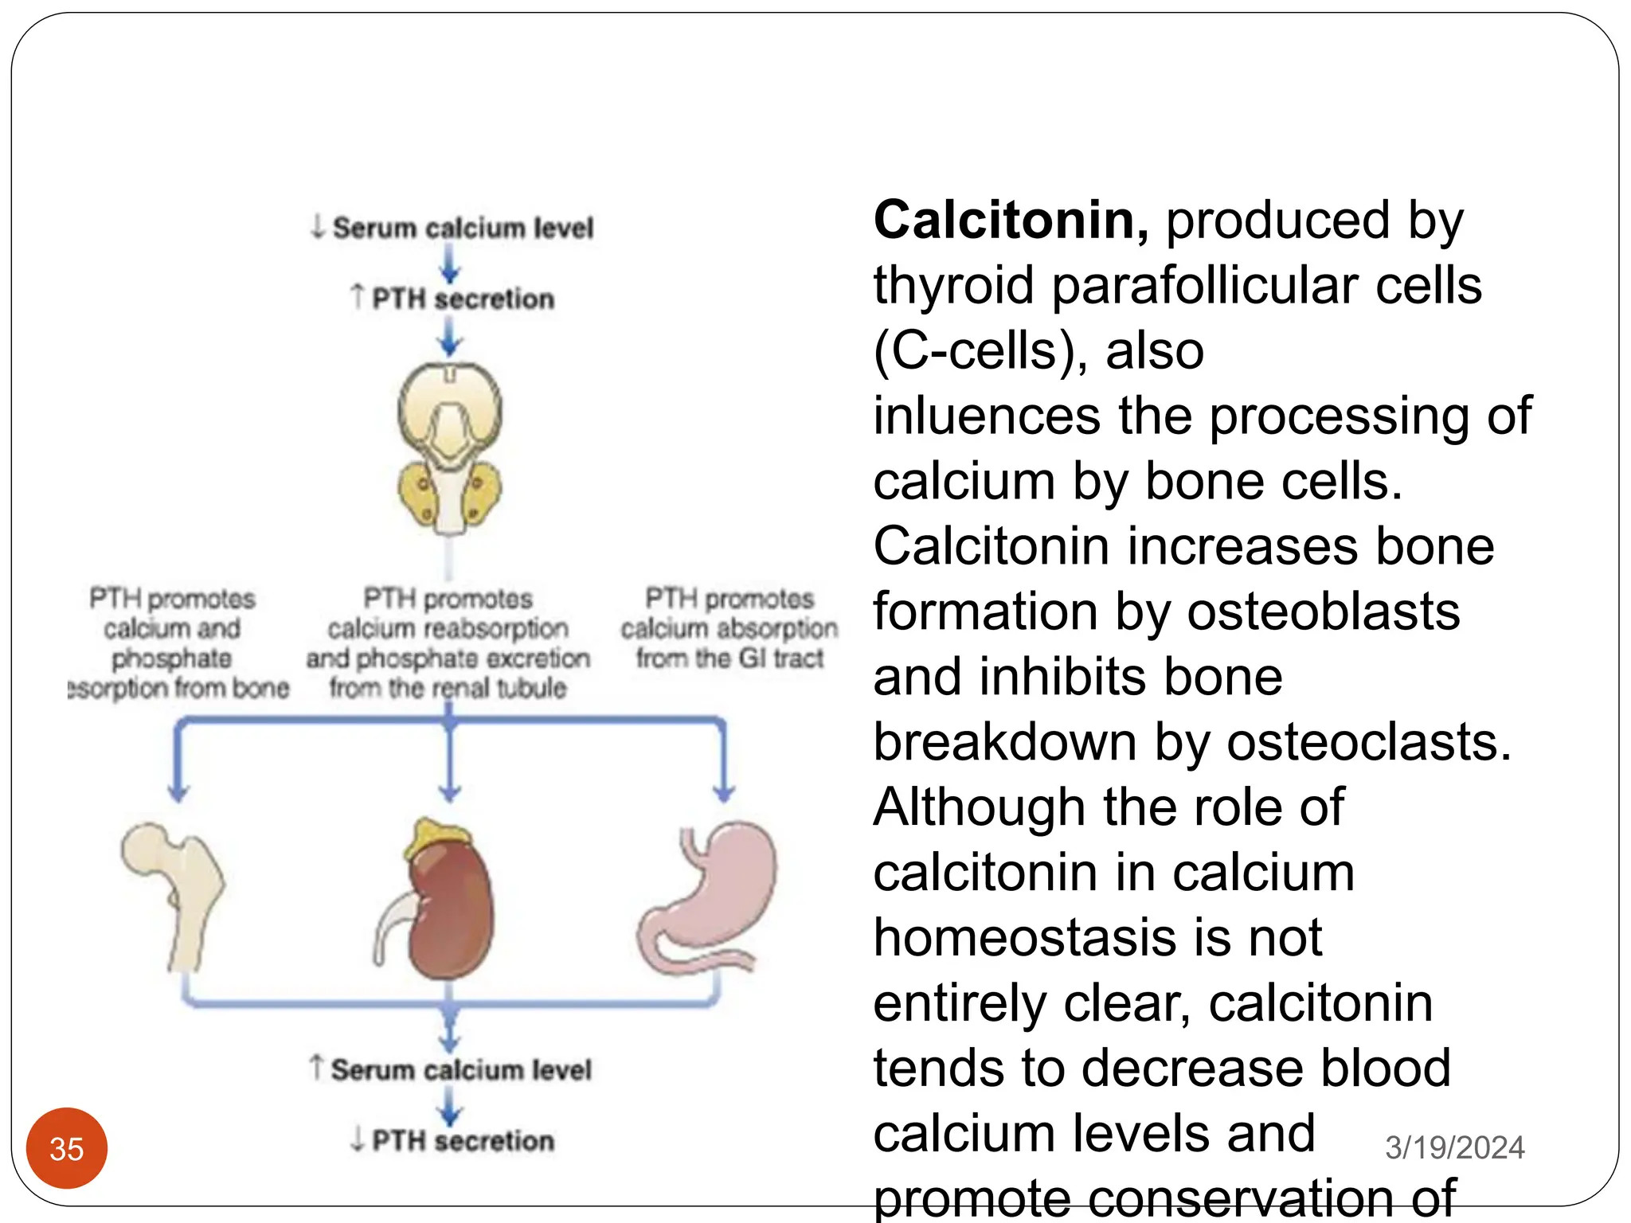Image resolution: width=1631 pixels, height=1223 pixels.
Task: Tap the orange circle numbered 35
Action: pos(67,1148)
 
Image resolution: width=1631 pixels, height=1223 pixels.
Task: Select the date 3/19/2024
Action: pos(1454,1147)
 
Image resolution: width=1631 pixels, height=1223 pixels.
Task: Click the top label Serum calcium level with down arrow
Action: pos(452,228)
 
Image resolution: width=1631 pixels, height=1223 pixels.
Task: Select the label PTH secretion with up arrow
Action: pos(452,299)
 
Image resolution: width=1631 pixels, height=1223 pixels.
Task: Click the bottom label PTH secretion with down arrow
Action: pos(452,1140)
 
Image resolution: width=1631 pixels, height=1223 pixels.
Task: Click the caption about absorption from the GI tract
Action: pos(729,628)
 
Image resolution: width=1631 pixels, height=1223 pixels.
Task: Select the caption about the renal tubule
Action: pos(448,643)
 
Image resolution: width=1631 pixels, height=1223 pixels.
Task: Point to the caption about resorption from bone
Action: pos(175,643)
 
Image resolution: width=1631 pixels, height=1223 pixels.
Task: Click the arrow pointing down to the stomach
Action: pos(723,764)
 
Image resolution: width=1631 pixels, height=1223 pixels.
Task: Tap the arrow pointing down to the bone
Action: pos(178,764)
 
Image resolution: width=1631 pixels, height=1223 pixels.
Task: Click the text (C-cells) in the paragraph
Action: pos(980,351)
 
